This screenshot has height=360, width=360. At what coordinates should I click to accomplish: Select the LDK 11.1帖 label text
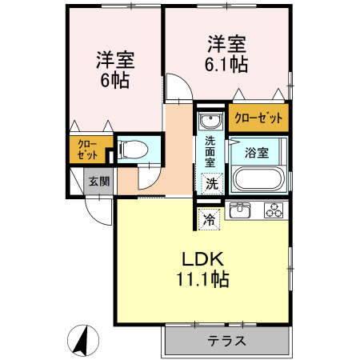coord(202,270)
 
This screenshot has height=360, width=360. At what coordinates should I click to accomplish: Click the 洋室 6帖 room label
coord(115,70)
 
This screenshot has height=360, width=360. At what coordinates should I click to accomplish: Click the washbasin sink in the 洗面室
coord(210,122)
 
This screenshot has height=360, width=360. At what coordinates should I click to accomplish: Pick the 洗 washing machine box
coord(210,182)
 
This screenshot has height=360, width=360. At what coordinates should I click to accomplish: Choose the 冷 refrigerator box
coord(209,217)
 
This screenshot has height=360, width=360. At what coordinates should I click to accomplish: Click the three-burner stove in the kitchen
coord(273,211)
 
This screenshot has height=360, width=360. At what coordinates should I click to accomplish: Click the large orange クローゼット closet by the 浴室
coord(258,118)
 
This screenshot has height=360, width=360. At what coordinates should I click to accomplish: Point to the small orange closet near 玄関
coord(86,150)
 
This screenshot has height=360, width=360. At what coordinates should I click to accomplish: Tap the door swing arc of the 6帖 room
coord(177,86)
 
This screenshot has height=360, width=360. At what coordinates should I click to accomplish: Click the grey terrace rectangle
coord(226,342)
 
